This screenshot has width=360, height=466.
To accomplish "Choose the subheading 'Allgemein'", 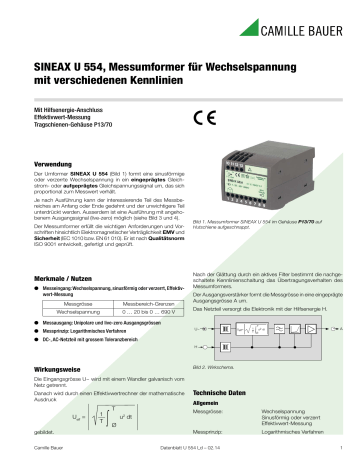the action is (206, 404).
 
